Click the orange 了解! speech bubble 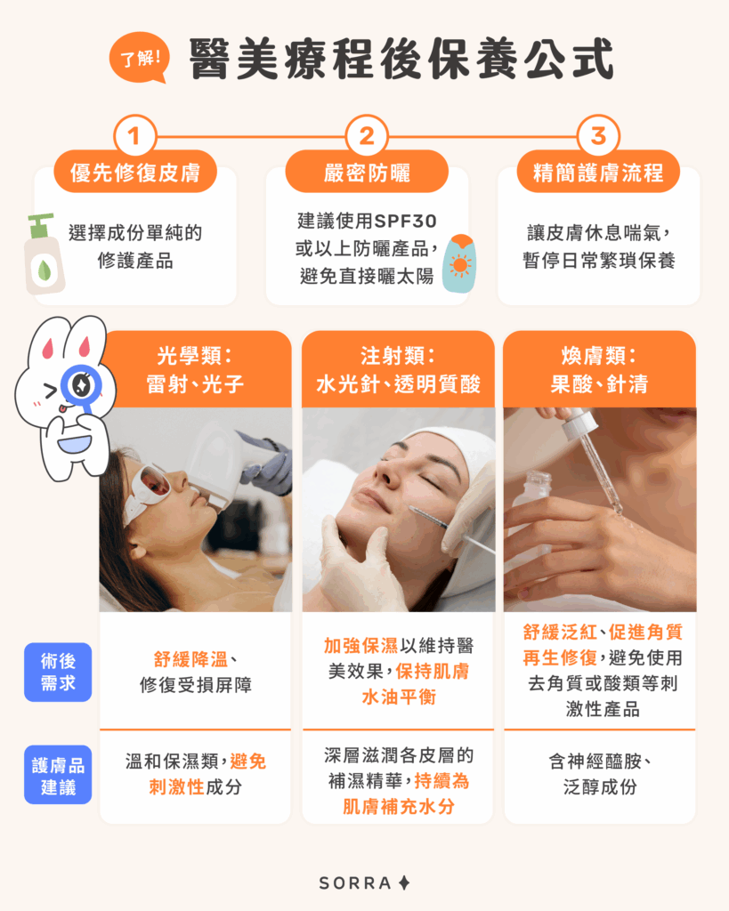[x=138, y=60]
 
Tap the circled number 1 [x=134, y=138]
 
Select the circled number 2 [x=367, y=138]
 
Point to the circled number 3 [x=598, y=138]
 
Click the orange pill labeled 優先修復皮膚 [x=135, y=172]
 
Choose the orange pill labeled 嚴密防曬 [x=367, y=172]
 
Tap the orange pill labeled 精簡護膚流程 [x=598, y=172]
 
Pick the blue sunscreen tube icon [x=459, y=263]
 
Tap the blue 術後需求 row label [x=58, y=672]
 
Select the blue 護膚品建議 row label [x=58, y=774]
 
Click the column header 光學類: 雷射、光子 [x=196, y=370]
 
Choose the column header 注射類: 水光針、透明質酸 [x=398, y=370]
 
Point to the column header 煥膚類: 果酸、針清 [x=599, y=370]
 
